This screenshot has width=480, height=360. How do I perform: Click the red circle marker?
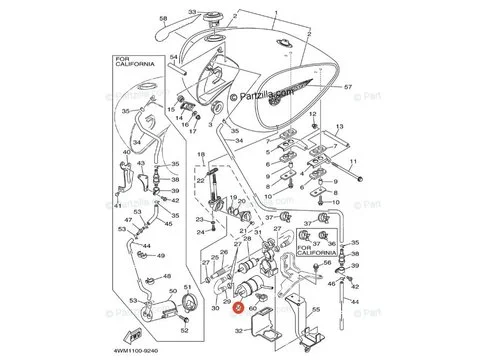tap(237, 310)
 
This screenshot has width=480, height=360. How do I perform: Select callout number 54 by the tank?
tap(172, 58)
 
